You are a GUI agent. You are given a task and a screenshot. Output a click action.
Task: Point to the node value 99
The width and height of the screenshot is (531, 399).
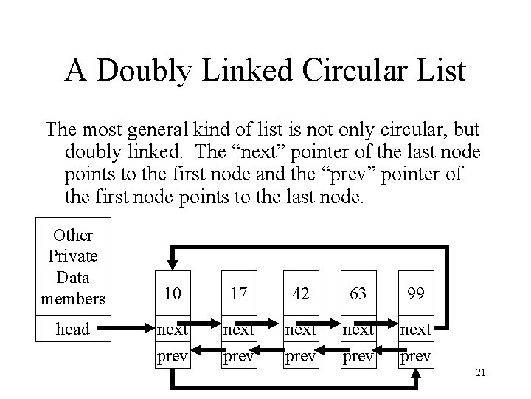415,295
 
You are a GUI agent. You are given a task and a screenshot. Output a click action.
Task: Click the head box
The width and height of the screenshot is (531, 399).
73,330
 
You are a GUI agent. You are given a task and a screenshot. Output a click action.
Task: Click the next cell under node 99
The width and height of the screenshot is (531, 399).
415,330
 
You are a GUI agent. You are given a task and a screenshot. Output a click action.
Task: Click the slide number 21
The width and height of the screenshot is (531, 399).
480,372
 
